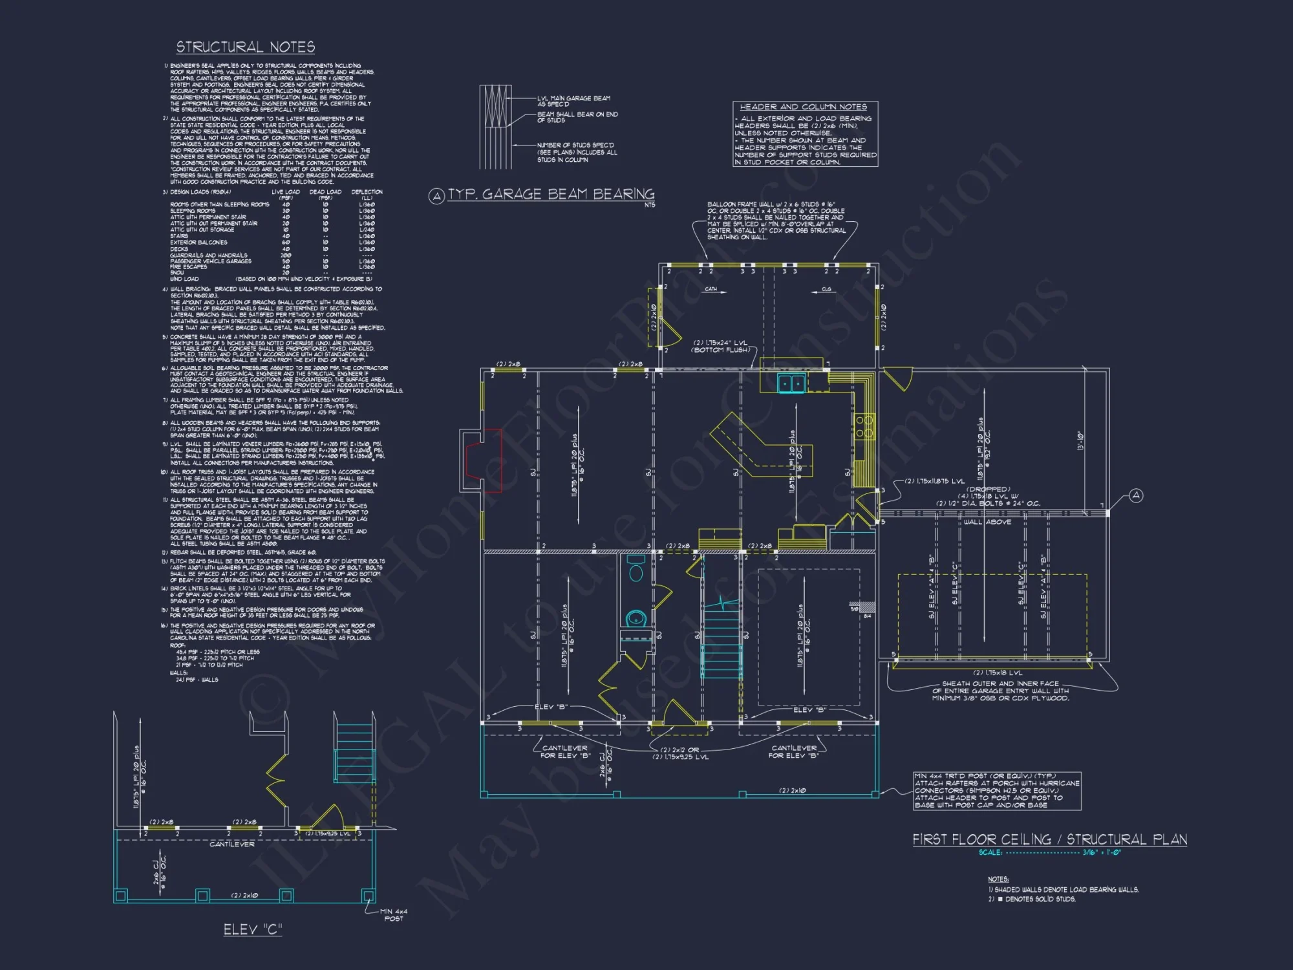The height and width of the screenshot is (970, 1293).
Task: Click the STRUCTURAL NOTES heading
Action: click(246, 47)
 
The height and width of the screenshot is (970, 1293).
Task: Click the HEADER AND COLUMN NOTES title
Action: click(803, 107)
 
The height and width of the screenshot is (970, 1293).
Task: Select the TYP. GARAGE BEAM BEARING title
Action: click(551, 194)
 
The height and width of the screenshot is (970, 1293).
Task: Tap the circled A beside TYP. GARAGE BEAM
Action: click(436, 196)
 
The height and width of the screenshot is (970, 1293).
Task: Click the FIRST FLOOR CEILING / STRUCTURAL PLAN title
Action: click(1049, 839)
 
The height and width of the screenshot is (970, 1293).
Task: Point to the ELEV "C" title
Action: click(253, 929)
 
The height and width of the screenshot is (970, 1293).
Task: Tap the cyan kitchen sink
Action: click(791, 383)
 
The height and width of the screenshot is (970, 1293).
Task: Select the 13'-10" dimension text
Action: click(1080, 440)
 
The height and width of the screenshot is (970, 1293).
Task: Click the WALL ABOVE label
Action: click(987, 522)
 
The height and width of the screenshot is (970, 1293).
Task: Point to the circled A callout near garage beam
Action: click(1136, 495)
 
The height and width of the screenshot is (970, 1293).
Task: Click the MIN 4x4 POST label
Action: click(393, 914)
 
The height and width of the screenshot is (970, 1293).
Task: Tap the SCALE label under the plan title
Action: click(990, 852)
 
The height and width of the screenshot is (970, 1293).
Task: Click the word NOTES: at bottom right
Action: click(998, 879)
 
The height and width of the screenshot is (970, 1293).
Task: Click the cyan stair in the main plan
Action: click(721, 640)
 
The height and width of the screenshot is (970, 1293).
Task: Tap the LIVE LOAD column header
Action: click(285, 192)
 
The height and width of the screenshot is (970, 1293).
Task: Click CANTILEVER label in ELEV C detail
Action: click(231, 844)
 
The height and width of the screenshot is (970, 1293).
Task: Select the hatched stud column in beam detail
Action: click(495, 127)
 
